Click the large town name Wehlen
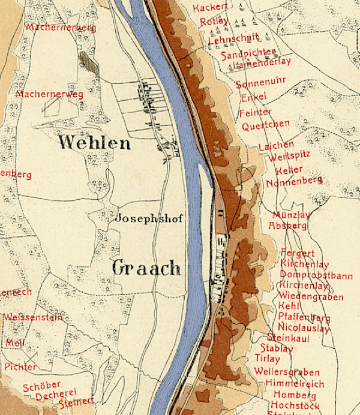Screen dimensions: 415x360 pos(95,143)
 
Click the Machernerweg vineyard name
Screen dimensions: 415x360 pos(50,94)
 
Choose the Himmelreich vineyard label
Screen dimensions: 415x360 pos(297,384)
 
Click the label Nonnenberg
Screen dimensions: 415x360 pos(294,182)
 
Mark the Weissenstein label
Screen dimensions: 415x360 pos(32,317)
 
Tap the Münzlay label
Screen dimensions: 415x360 pos(292,215)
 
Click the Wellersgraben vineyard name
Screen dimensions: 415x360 pos(287,372)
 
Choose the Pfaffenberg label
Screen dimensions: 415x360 pos(304,317)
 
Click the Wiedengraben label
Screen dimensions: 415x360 pos(311,296)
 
